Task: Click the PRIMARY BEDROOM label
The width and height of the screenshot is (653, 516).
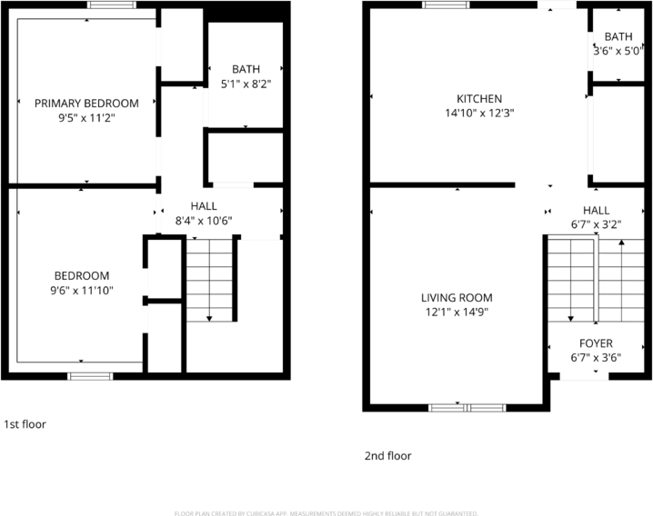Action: pyautogui.click(x=86, y=104)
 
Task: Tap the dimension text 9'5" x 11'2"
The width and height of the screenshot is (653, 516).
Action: pyautogui.click(x=86, y=118)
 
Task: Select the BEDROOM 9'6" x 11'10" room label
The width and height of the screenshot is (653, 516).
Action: pyautogui.click(x=82, y=276)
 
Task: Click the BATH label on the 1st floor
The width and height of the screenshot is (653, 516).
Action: pyautogui.click(x=246, y=69)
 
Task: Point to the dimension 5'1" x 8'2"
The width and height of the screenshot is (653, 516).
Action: pyautogui.click(x=246, y=84)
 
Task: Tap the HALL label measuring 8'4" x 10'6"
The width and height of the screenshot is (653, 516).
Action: pyautogui.click(x=203, y=206)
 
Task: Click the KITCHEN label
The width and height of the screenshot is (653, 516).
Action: pyautogui.click(x=479, y=99)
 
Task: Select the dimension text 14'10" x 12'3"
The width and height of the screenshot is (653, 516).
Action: pyautogui.click(x=479, y=114)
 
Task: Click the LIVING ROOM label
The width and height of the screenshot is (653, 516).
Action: pyautogui.click(x=457, y=298)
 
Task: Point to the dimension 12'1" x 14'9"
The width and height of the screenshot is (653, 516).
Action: pyautogui.click(x=457, y=313)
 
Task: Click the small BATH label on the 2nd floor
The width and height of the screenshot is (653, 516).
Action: pyautogui.click(x=618, y=37)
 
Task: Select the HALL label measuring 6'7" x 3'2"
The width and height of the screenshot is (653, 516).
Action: pyautogui.click(x=596, y=210)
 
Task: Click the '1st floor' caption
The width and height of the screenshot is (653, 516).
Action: pyautogui.click(x=25, y=424)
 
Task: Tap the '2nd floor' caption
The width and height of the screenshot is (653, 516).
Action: pyautogui.click(x=388, y=456)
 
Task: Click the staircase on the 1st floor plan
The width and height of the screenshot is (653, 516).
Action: pyautogui.click(x=210, y=278)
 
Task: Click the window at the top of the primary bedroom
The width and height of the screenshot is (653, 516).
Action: pyautogui.click(x=106, y=5)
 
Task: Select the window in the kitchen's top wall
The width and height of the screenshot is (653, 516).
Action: pyautogui.click(x=442, y=5)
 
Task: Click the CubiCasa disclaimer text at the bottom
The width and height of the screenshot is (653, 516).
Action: pyautogui.click(x=326, y=511)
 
